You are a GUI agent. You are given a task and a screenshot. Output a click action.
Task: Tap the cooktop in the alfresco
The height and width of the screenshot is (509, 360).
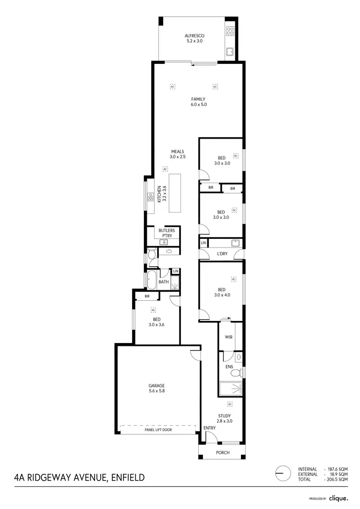click(230, 31)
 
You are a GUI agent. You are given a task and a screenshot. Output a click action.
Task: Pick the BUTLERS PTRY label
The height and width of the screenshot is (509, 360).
click(167, 233)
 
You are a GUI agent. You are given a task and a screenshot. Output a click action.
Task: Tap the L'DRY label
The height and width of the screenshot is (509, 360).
click(222, 253)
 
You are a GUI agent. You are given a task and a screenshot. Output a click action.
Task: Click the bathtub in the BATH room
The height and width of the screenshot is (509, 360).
click(152, 280)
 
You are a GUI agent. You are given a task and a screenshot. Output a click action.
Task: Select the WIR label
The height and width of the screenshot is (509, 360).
click(228, 337)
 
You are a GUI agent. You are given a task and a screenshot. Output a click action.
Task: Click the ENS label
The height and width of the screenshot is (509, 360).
click(229, 367)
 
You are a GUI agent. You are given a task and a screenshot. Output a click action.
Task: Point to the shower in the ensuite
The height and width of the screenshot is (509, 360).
click(230, 389)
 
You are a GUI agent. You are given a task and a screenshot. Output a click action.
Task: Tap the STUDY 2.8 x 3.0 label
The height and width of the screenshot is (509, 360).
click(225, 418)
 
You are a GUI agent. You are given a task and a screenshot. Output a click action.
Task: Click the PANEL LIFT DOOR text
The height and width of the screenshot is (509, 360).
click(158, 430)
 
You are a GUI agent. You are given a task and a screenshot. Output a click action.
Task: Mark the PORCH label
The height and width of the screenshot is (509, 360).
click(223, 452)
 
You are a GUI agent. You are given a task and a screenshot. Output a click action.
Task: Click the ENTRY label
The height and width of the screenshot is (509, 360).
click(209, 428)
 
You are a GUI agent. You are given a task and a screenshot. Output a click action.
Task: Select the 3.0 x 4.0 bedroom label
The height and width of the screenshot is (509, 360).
click(221, 292)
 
